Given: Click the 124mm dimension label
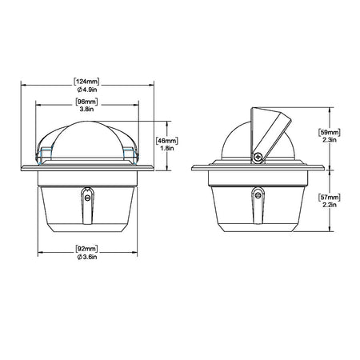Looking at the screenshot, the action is tap(86, 82).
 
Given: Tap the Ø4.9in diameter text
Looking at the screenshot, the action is tap(87, 90).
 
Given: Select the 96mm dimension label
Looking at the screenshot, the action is tap(86, 102).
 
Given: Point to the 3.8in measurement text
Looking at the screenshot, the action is tap(86, 109).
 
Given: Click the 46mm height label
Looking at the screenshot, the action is tap(167, 141).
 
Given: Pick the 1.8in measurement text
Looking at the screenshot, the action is tap(167, 148).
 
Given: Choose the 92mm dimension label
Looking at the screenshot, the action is tap(86, 249).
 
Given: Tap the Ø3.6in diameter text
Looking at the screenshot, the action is tap(87, 257).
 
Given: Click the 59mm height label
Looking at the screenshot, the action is tap(330, 132).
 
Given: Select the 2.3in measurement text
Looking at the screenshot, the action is tap(330, 140).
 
